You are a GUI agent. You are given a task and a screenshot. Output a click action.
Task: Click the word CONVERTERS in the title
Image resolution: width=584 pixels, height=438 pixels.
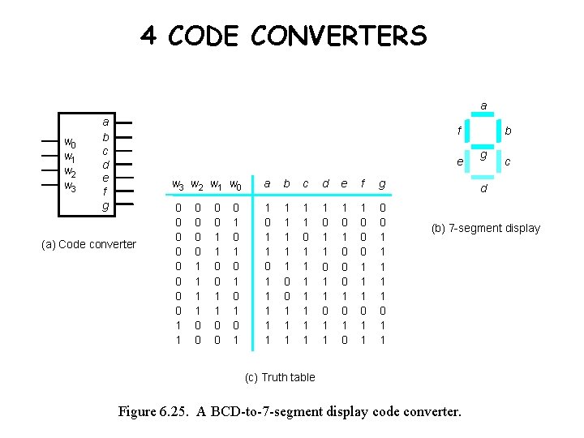[x=338, y=36]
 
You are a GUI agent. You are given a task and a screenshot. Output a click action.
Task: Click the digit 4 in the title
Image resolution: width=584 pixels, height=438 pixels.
[x=148, y=36]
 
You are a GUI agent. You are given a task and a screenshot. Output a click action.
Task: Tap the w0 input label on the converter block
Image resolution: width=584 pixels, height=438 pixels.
[x=71, y=144]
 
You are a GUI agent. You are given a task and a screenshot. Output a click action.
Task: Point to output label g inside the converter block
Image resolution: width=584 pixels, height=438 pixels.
[x=105, y=205]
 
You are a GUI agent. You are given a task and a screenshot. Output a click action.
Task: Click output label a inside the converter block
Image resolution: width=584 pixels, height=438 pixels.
[x=105, y=122]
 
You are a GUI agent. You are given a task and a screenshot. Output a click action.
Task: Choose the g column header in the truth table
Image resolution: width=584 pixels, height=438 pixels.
[x=383, y=185]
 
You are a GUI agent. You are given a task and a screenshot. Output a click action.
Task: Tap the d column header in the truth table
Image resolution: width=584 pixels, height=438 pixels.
[x=325, y=184]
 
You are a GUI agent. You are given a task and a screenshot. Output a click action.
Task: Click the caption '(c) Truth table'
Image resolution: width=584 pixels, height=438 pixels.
[x=280, y=377]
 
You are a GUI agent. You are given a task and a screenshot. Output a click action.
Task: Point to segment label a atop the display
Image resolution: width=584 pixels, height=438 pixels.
[x=483, y=105]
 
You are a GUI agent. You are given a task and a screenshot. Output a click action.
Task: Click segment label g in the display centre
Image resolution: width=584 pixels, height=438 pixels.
[x=483, y=155]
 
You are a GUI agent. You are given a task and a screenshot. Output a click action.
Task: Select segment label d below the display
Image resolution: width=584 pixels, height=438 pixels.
[x=483, y=190]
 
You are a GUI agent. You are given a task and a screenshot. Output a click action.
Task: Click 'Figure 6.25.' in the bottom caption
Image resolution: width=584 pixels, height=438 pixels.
[x=155, y=411]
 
